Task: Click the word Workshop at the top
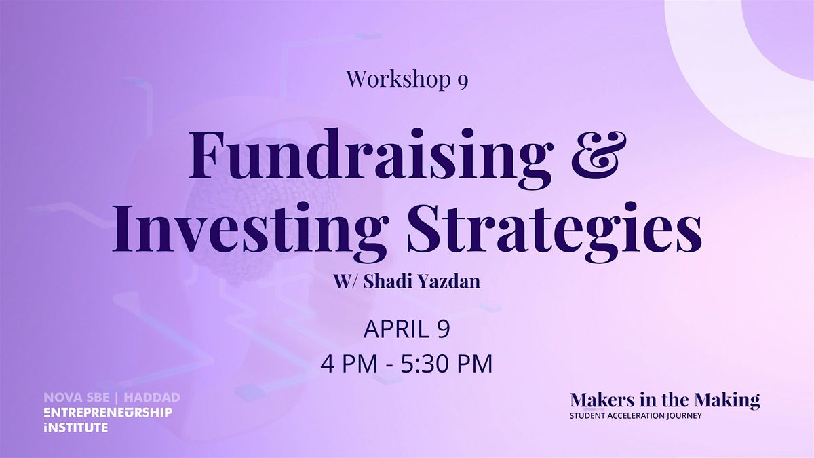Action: (398, 79)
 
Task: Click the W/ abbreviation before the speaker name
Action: (347, 282)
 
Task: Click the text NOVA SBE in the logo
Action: (76, 398)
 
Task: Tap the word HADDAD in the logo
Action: (152, 398)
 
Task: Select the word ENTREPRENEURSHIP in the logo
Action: (108, 413)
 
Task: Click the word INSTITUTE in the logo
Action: (75, 427)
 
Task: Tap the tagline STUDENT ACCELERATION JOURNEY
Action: (636, 415)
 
